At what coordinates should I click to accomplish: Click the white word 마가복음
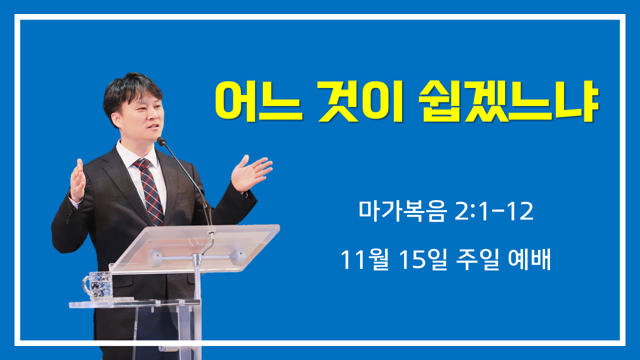[x=402, y=211]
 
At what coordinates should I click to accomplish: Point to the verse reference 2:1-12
[x=493, y=211]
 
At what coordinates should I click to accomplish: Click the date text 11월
[x=365, y=259]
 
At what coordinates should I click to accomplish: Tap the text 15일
[x=423, y=259]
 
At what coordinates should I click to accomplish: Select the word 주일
[x=477, y=259]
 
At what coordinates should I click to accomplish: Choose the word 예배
[x=529, y=259]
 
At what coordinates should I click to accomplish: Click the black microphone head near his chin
[x=161, y=141]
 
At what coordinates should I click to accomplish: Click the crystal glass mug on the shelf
[x=98, y=286]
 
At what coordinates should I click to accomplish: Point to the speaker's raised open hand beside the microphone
[x=251, y=172]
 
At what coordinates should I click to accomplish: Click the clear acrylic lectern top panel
[x=194, y=248]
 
